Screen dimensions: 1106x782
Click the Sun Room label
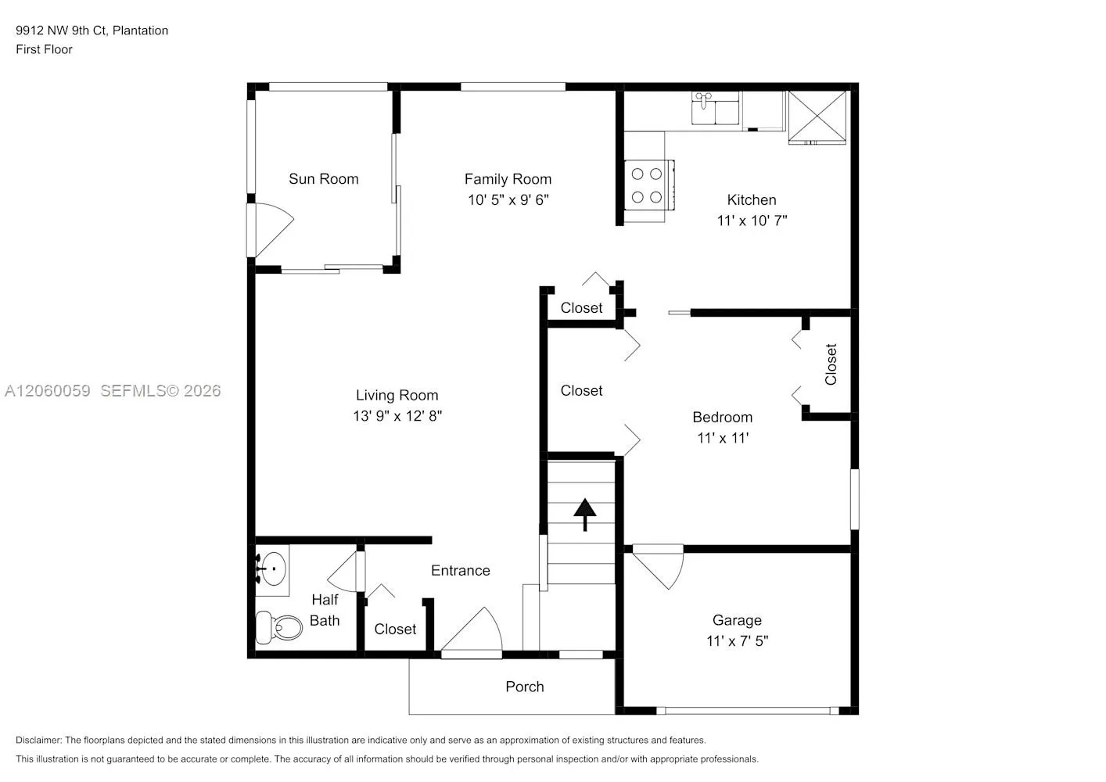[x=323, y=179]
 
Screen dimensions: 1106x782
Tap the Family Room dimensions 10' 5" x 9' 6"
[x=508, y=200]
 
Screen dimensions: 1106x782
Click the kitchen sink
[x=715, y=108]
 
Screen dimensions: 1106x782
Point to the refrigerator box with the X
[x=817, y=117]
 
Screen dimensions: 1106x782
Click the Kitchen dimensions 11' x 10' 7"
[x=752, y=221]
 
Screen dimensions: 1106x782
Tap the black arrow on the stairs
[x=585, y=515]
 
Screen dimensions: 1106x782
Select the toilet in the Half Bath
[x=278, y=627]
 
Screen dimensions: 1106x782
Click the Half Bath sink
[x=272, y=569]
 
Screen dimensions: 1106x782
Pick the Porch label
[x=524, y=687]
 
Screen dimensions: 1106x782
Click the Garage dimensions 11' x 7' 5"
[x=737, y=641]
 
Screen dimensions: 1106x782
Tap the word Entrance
[x=460, y=571]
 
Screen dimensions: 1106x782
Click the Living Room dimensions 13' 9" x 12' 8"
[x=397, y=416]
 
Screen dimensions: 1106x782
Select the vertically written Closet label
[x=831, y=364]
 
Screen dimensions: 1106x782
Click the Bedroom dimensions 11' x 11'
[x=723, y=438]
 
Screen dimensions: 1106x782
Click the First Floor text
[x=44, y=49]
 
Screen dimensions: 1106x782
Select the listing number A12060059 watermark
[x=48, y=391]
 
